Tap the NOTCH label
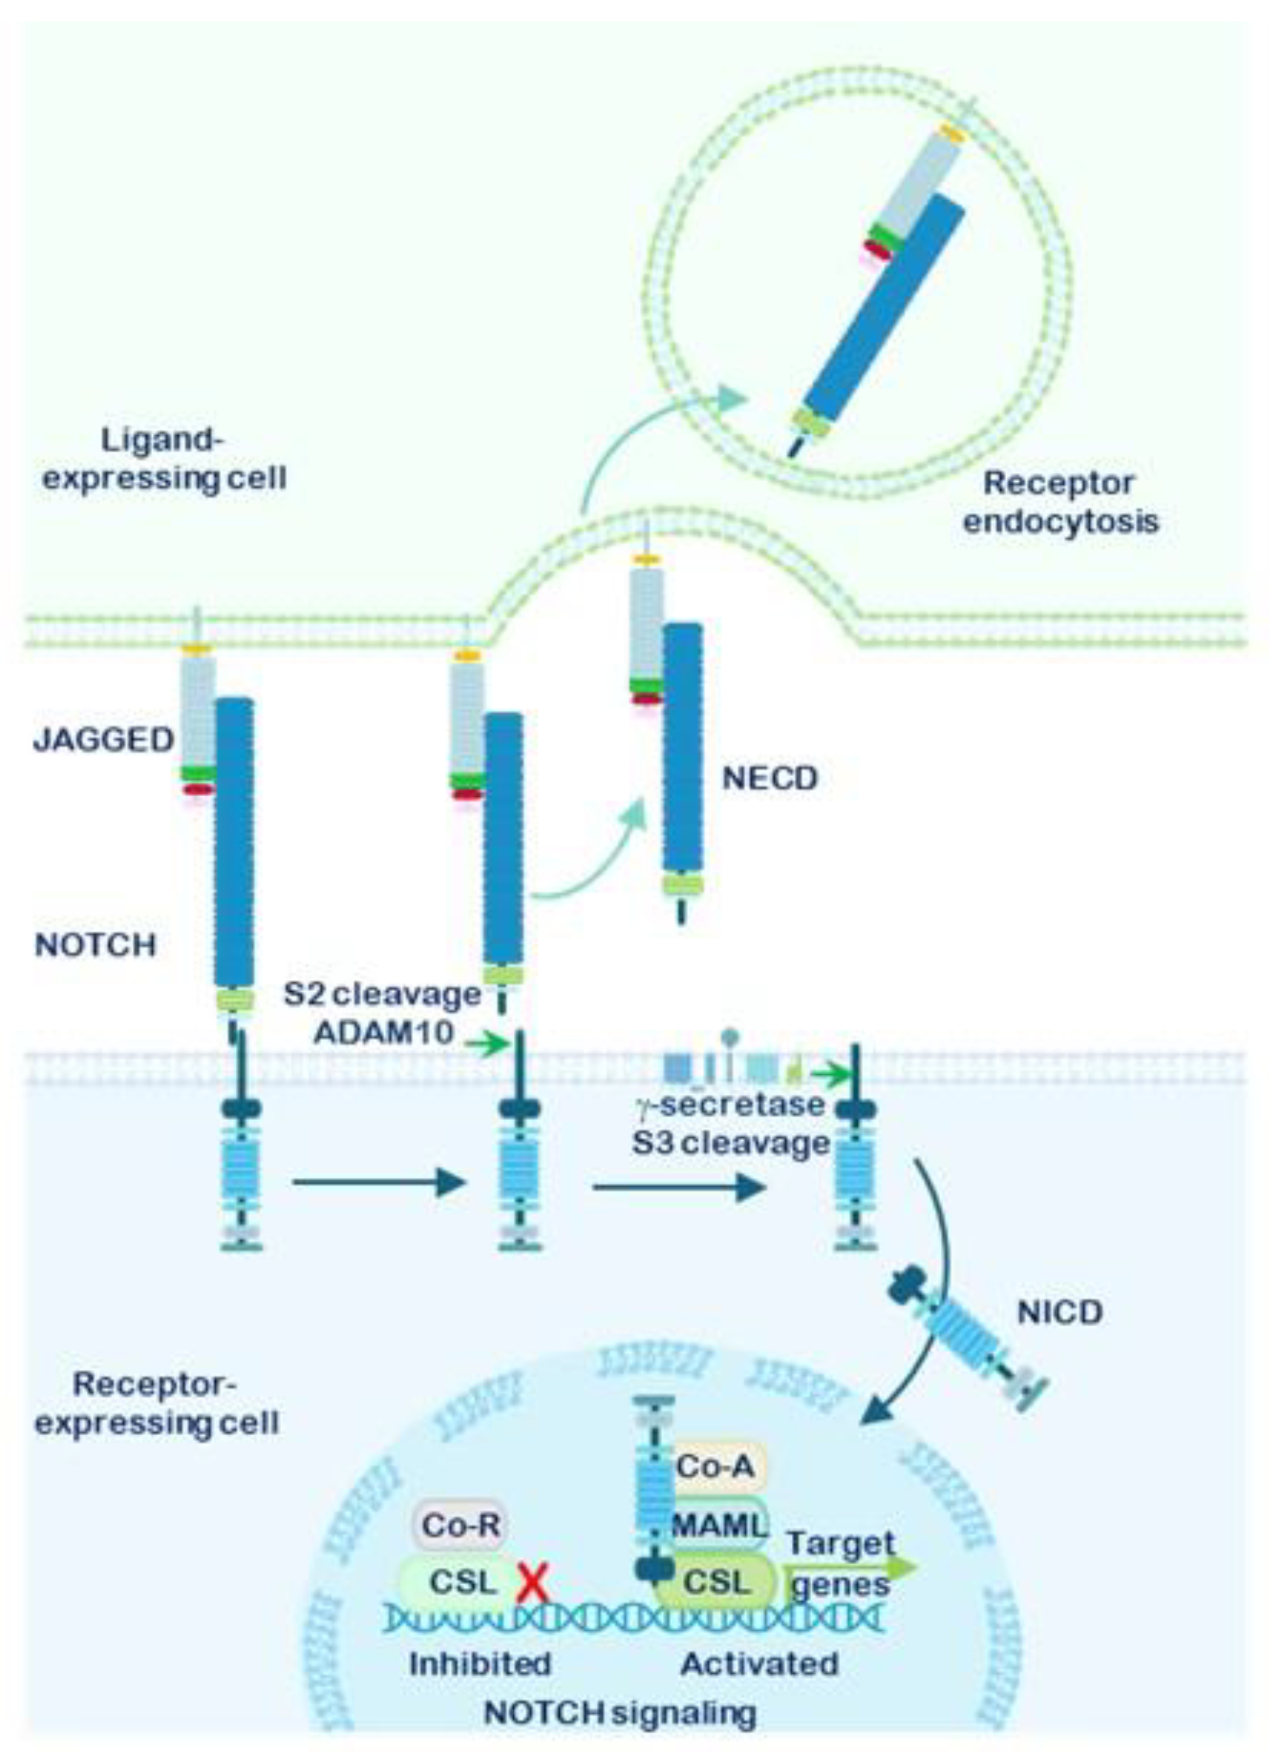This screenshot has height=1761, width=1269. [96, 945]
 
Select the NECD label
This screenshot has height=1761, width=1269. [770, 778]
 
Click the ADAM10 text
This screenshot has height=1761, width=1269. [384, 1032]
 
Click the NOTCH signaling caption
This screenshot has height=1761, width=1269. [619, 1712]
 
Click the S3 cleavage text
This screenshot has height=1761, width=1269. [730, 1143]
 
